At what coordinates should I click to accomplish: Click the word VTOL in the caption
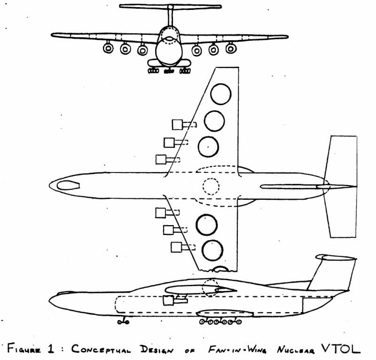[341, 349]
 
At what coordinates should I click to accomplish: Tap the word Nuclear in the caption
[296, 350]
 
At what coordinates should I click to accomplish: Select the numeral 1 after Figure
[51, 348]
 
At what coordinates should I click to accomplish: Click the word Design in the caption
[157, 349]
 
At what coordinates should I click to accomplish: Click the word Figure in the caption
[23, 349]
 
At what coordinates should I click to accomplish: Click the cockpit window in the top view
[68, 185]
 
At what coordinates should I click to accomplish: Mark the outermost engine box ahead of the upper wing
[178, 125]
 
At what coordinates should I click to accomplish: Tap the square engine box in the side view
[168, 300]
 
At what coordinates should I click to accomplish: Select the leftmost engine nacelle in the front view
[109, 48]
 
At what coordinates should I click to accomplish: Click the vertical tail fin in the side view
[331, 274]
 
